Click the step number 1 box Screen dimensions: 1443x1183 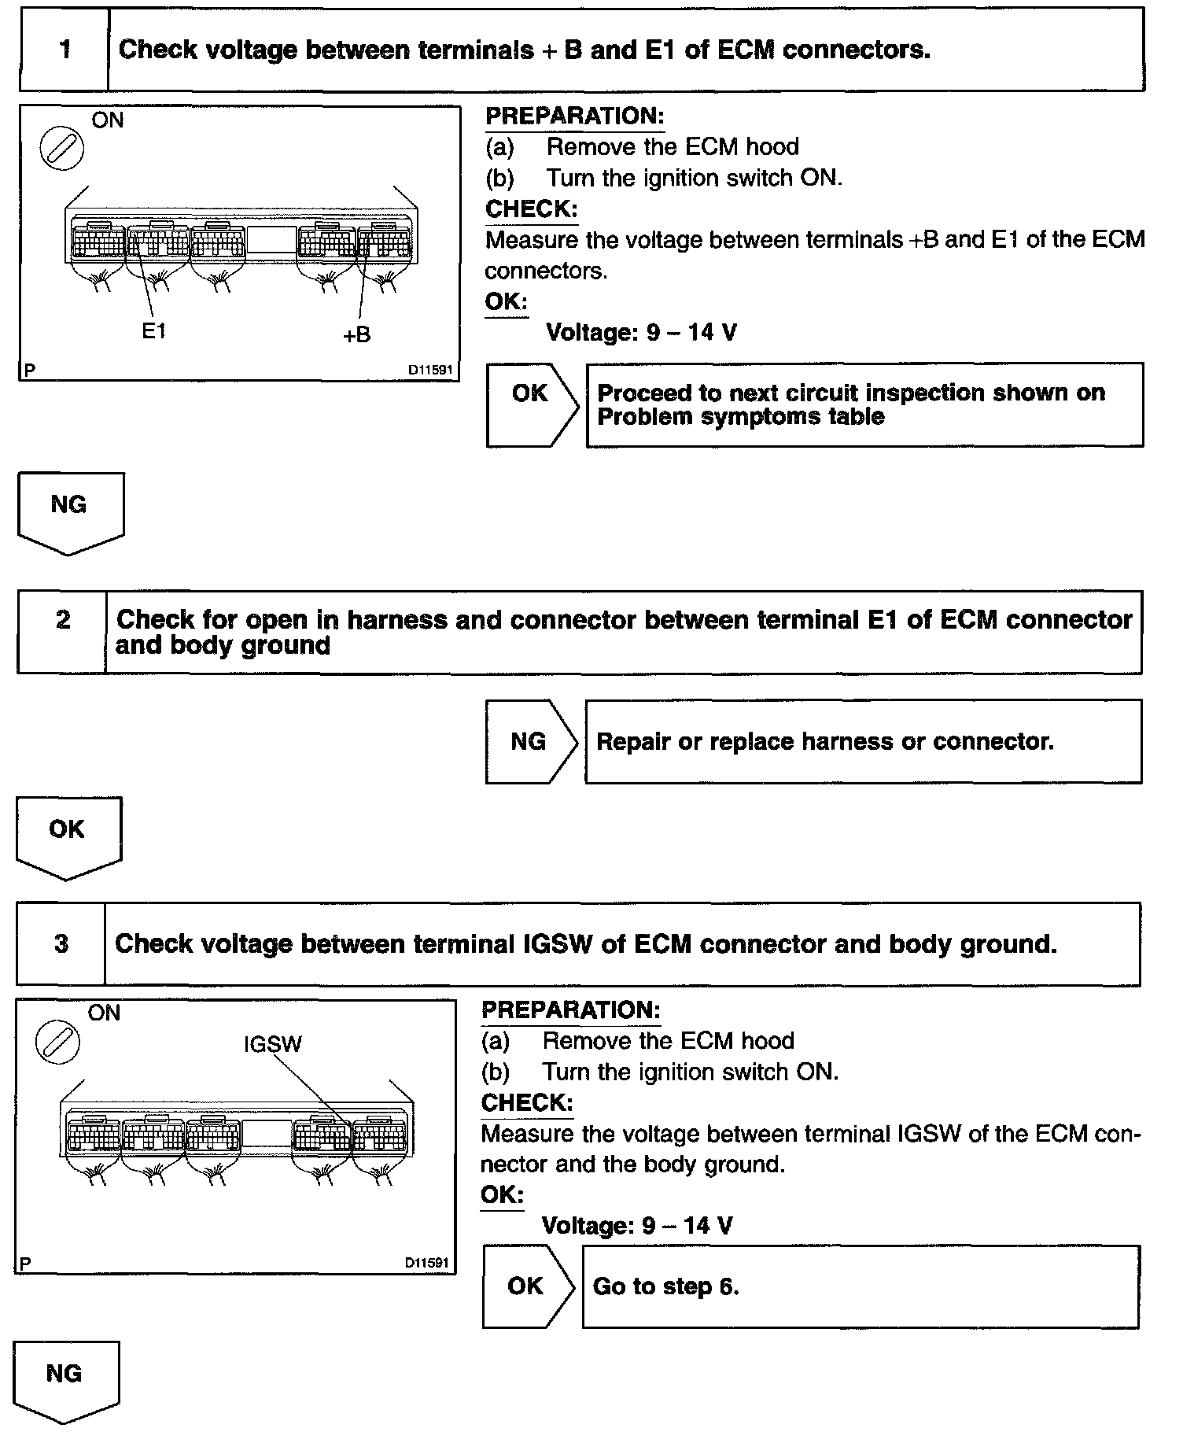click(64, 50)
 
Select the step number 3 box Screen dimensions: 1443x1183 click(61, 943)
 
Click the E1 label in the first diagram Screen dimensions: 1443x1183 click(154, 331)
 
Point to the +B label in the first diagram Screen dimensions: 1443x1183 click(356, 335)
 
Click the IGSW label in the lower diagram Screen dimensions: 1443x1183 click(273, 1044)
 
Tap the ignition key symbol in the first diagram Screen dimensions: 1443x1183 click(61, 149)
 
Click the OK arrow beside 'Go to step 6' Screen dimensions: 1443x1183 click(528, 1286)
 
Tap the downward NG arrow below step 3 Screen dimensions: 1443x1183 click(66, 1381)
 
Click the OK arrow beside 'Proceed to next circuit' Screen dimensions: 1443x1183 click(532, 404)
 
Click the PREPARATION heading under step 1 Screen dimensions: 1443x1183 click(574, 116)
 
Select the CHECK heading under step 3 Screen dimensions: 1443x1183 click(526, 1102)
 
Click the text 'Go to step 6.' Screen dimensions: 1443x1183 click(665, 1286)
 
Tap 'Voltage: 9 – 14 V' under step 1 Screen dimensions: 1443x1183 click(641, 332)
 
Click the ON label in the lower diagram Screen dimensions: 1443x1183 click(105, 1013)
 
